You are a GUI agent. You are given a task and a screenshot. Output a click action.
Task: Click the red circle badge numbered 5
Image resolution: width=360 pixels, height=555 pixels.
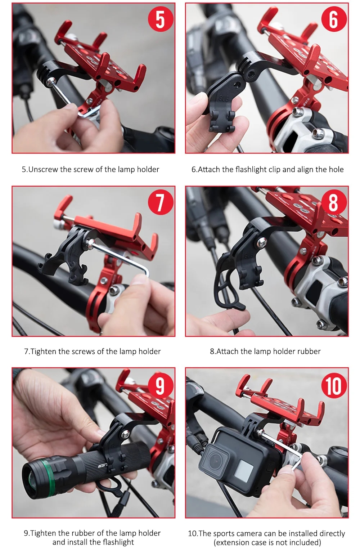pos(161,19)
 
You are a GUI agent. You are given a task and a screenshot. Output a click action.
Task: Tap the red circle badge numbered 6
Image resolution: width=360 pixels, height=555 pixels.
pos(334,19)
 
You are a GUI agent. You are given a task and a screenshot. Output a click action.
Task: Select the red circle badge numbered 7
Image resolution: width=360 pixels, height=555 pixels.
pos(161,202)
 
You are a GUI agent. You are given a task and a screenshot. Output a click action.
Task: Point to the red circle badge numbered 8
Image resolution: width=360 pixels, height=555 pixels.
pos(334,202)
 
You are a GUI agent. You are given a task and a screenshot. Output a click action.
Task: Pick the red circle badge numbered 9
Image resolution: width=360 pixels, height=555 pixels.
pos(161,385)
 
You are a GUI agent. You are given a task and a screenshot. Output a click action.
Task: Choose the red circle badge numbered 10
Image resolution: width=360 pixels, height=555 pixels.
pos(334,385)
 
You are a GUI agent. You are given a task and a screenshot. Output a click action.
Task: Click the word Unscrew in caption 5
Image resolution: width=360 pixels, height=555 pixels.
pos(43,170)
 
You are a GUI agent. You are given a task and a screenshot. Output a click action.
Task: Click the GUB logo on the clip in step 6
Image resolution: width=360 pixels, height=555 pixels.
pos(222,98)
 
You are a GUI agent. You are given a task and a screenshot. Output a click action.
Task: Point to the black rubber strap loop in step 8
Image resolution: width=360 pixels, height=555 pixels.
pos(228,287)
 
